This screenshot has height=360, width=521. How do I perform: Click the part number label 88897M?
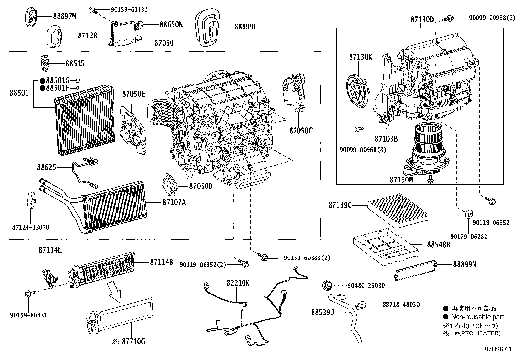[x=65, y=16]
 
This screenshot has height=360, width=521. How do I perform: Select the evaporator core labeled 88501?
[x=85, y=121]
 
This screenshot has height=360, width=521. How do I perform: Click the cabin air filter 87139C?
[x=398, y=208]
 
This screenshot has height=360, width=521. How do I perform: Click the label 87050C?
[x=301, y=131]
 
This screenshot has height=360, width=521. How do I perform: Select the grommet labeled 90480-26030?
[x=327, y=286]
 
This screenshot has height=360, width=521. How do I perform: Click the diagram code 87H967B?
[x=498, y=349]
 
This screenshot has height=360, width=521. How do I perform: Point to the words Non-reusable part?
[x=477, y=317]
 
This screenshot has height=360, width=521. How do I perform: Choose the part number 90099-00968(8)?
[x=363, y=150]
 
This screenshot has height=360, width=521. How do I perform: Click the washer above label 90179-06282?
[x=469, y=214]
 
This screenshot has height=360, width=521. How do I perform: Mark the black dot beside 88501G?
[x=43, y=81]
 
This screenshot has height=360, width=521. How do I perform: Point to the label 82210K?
[x=238, y=283]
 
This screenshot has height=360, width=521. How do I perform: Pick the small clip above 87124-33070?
[x=31, y=200]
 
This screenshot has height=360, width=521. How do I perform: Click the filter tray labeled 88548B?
[x=386, y=247]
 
